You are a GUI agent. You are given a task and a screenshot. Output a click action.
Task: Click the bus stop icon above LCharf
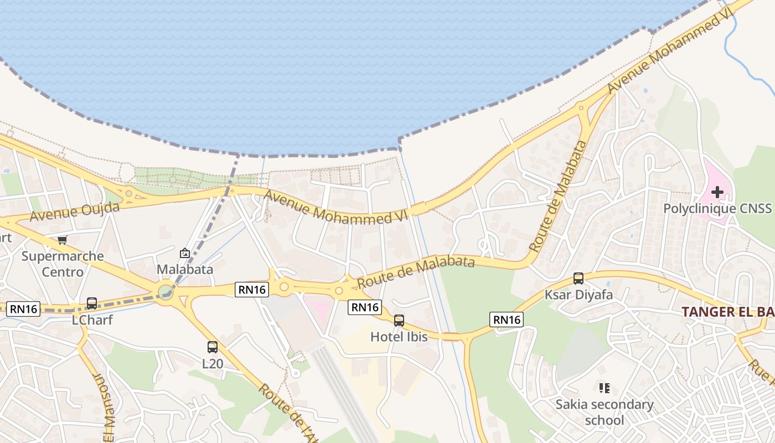pos(92,303)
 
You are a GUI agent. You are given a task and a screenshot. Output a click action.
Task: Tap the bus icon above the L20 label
pos(212,347)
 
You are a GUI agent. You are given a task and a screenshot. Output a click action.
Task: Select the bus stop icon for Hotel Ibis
pos(399,320)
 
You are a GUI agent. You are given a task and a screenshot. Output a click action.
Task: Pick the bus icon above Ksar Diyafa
pos(578,279)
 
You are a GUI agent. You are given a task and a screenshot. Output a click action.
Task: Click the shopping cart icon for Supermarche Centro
pos(62,240)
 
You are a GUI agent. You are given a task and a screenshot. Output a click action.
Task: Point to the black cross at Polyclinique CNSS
pos(717,192)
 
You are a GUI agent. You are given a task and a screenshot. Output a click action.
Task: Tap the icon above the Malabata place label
pos(184,253)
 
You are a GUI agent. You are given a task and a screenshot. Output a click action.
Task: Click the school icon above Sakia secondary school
pos(604,388)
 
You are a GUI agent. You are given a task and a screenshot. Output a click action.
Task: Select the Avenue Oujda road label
pos(74,212)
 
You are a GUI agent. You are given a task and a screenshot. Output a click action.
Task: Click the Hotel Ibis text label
pos(399,336)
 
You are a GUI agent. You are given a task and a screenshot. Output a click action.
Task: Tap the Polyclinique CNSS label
pos(717,209)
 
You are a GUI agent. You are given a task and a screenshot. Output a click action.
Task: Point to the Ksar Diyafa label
pos(578,295)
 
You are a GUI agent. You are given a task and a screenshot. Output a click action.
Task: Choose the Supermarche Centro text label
pos(63,264)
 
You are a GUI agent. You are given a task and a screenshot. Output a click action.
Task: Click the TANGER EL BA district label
pos(727,311)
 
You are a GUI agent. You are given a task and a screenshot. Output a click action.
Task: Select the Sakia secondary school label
pos(604,413)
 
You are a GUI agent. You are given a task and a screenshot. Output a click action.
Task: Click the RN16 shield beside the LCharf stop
pos(23,309)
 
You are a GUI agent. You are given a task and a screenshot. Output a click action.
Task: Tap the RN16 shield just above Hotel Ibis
pos(365,307)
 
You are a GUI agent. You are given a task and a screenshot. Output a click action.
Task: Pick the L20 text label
pos(212,364)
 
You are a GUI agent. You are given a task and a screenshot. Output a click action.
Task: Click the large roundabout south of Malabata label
pos(165,291)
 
